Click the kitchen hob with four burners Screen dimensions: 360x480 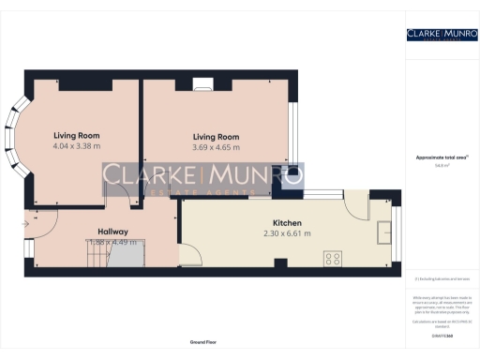(x=333, y=255)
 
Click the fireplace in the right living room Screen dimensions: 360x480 (x=204, y=86)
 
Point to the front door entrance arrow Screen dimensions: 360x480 (x=27, y=223)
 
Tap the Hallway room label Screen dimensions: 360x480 (x=112, y=232)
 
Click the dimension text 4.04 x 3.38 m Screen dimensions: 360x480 (x=76, y=146)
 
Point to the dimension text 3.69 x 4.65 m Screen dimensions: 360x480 (x=216, y=146)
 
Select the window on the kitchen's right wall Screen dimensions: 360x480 (x=394, y=230)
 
